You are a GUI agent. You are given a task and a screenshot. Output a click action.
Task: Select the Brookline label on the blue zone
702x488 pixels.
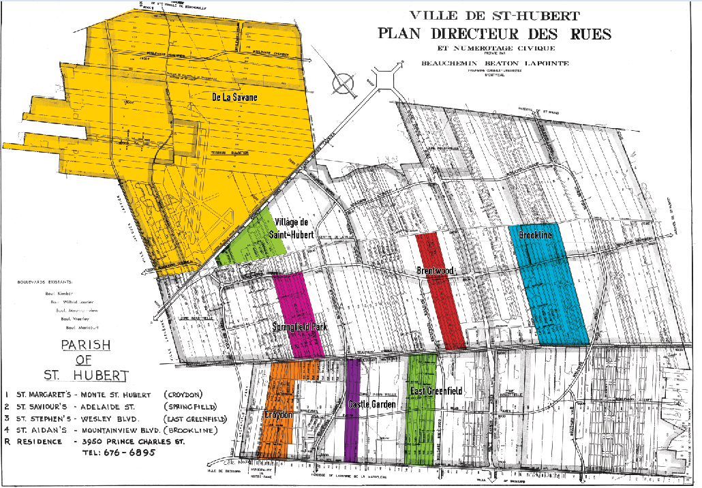click(x=535, y=235)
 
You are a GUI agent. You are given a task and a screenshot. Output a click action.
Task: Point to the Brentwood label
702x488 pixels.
click(x=435, y=271)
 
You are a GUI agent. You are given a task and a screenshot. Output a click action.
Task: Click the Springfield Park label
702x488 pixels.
click(x=301, y=326)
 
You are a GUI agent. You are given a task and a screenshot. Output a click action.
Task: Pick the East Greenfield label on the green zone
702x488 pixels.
click(x=436, y=391)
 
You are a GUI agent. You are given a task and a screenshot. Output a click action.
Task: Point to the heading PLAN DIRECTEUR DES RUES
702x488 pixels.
click(x=495, y=33)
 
